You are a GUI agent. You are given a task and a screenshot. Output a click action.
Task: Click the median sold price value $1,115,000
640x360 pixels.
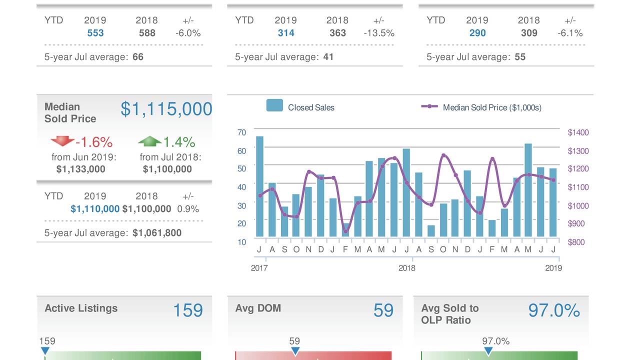pos(166,109)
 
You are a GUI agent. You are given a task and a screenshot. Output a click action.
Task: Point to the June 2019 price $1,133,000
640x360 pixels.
pos(81,169)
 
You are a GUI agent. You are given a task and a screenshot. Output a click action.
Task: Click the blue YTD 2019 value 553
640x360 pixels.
pos(95,33)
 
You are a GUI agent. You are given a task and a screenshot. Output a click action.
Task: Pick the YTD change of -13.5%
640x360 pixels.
pos(378,33)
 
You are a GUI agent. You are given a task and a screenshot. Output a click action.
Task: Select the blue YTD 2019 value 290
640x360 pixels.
pos(477,33)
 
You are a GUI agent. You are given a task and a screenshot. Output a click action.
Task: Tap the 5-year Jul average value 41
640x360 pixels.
pos(328,57)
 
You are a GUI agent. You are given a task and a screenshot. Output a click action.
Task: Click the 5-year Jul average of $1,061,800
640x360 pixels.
pos(157,233)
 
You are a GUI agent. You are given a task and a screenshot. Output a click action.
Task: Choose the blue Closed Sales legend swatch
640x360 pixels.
pos(274,105)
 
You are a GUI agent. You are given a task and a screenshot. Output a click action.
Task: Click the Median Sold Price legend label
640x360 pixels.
pos(492,107)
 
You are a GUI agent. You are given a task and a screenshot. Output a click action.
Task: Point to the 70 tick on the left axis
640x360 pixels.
pos(241,132)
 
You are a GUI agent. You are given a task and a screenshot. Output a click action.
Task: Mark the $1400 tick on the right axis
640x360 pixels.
pos(578,132)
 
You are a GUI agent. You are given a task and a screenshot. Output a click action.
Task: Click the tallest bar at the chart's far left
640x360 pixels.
pos(259,186)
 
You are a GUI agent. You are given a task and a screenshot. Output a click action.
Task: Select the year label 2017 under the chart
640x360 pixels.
pos(259,268)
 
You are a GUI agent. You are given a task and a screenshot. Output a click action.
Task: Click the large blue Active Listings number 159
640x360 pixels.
pos(188,310)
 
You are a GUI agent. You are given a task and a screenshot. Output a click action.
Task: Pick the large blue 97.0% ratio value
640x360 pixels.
pos(554,310)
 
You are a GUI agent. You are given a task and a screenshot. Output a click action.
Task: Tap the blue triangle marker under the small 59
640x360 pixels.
pos(295,351)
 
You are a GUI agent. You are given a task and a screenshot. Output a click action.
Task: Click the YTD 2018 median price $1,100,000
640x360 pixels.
pos(146,209)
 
